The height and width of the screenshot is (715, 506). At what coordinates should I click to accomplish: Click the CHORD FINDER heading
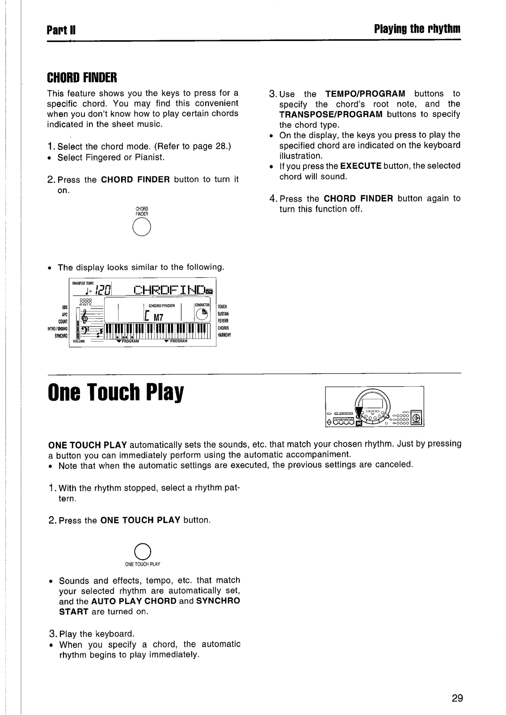pyautogui.click(x=82, y=78)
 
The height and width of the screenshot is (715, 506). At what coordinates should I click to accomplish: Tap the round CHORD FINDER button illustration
pyautogui.click(x=142, y=229)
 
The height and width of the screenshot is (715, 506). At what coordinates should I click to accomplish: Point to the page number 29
pyautogui.click(x=456, y=698)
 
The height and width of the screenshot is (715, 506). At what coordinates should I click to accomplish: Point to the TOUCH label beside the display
pyautogui.click(x=222, y=307)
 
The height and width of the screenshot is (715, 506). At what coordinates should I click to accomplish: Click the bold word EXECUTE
pyautogui.click(x=360, y=166)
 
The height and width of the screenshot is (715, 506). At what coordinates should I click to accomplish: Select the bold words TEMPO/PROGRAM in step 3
pyautogui.click(x=365, y=94)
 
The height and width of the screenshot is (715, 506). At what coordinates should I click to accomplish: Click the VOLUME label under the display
pyautogui.click(x=79, y=341)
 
